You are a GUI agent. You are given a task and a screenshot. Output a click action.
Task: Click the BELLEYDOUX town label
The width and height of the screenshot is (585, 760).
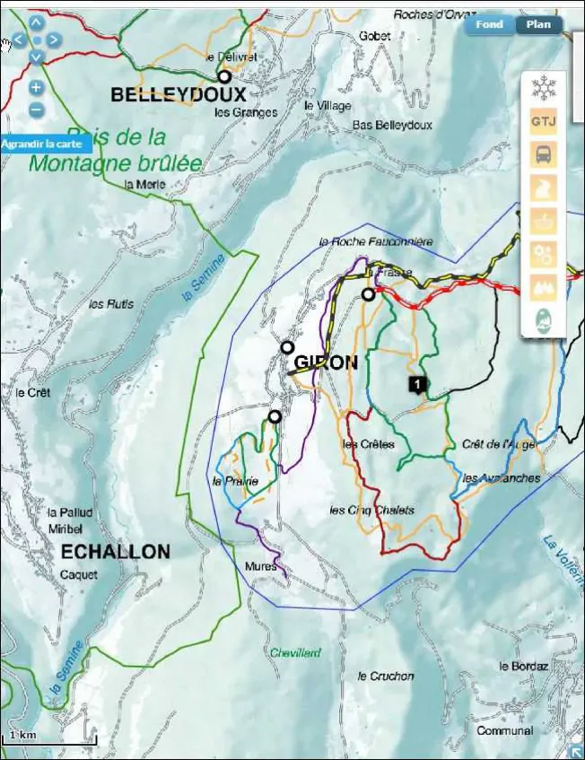pyautogui.click(x=178, y=94)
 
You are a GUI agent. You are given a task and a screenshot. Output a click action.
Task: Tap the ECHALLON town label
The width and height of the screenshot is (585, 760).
pyautogui.click(x=115, y=551)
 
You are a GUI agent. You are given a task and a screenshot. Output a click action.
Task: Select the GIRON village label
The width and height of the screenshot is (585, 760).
pyautogui.click(x=326, y=363)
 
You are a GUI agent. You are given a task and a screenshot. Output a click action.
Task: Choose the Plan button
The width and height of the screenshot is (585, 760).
pyautogui.click(x=538, y=25)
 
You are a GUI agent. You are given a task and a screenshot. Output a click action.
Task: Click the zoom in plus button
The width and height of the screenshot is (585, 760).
pyautogui.click(x=36, y=88)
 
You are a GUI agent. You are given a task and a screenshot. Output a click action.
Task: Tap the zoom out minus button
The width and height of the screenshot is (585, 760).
pyautogui.click(x=36, y=110)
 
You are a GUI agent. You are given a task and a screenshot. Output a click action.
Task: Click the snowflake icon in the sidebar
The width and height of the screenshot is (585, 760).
pyautogui.click(x=543, y=88)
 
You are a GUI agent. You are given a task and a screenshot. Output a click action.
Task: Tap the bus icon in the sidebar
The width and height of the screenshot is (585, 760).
pyautogui.click(x=543, y=154)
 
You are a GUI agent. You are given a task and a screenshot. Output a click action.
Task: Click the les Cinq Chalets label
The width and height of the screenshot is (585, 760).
pyautogui.click(x=371, y=511)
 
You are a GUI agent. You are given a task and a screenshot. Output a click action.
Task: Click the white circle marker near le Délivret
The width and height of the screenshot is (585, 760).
pyautogui.click(x=224, y=77)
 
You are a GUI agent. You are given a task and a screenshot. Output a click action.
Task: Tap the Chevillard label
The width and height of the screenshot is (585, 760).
pyautogui.click(x=295, y=653)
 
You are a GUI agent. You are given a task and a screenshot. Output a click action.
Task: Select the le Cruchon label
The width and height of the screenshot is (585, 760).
pyautogui.click(x=386, y=676)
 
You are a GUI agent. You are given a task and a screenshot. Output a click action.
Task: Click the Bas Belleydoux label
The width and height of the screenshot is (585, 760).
pyautogui.click(x=392, y=125)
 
